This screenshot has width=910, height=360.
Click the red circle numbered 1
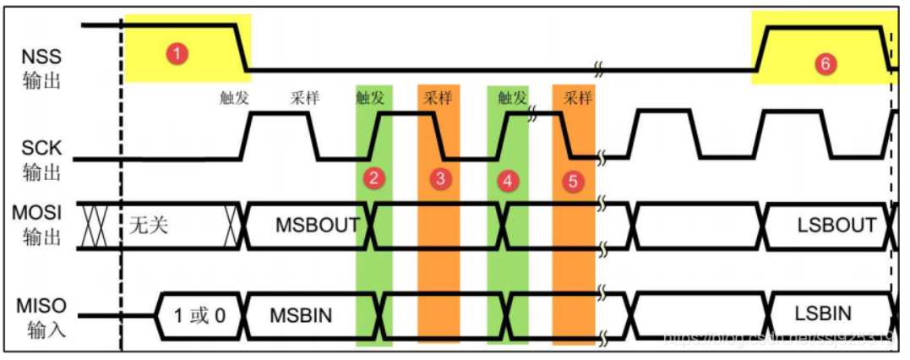click(x=177, y=53)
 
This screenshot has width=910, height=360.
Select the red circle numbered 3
click(x=439, y=178)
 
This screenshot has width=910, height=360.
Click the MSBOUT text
click(x=317, y=226)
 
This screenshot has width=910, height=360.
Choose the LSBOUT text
click(x=836, y=226)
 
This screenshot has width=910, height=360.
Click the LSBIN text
click(x=823, y=314)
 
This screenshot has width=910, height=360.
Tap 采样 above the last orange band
click(x=577, y=97)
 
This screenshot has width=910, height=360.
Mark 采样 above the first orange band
click(x=439, y=97)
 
